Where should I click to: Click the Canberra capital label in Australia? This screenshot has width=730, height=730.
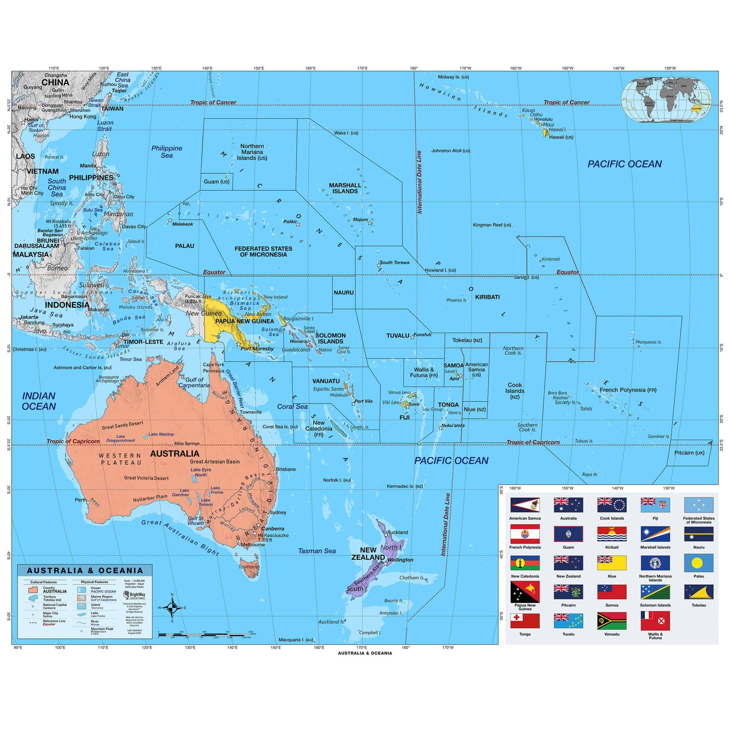click(273, 529)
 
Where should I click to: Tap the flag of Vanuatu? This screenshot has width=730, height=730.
click(612, 621)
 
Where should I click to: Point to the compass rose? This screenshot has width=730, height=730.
click(172, 608)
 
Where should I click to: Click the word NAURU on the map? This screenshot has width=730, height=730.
click(343, 292)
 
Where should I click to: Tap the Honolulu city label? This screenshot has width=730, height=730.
click(543, 119)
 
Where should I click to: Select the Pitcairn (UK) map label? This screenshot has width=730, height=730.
click(689, 453)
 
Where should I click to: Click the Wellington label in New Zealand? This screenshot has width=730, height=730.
click(400, 560)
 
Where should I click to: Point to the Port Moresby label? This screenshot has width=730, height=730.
click(257, 348)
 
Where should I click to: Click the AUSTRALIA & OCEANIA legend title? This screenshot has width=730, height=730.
click(85, 571)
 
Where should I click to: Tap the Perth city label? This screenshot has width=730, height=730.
click(81, 499)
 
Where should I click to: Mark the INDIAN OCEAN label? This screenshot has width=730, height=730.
click(39, 401)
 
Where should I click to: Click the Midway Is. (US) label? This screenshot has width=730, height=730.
click(454, 77)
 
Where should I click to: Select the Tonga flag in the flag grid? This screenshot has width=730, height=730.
click(525, 621)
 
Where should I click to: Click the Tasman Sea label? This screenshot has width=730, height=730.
click(317, 551)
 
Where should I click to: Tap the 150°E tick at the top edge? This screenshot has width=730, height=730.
click(259, 68)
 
